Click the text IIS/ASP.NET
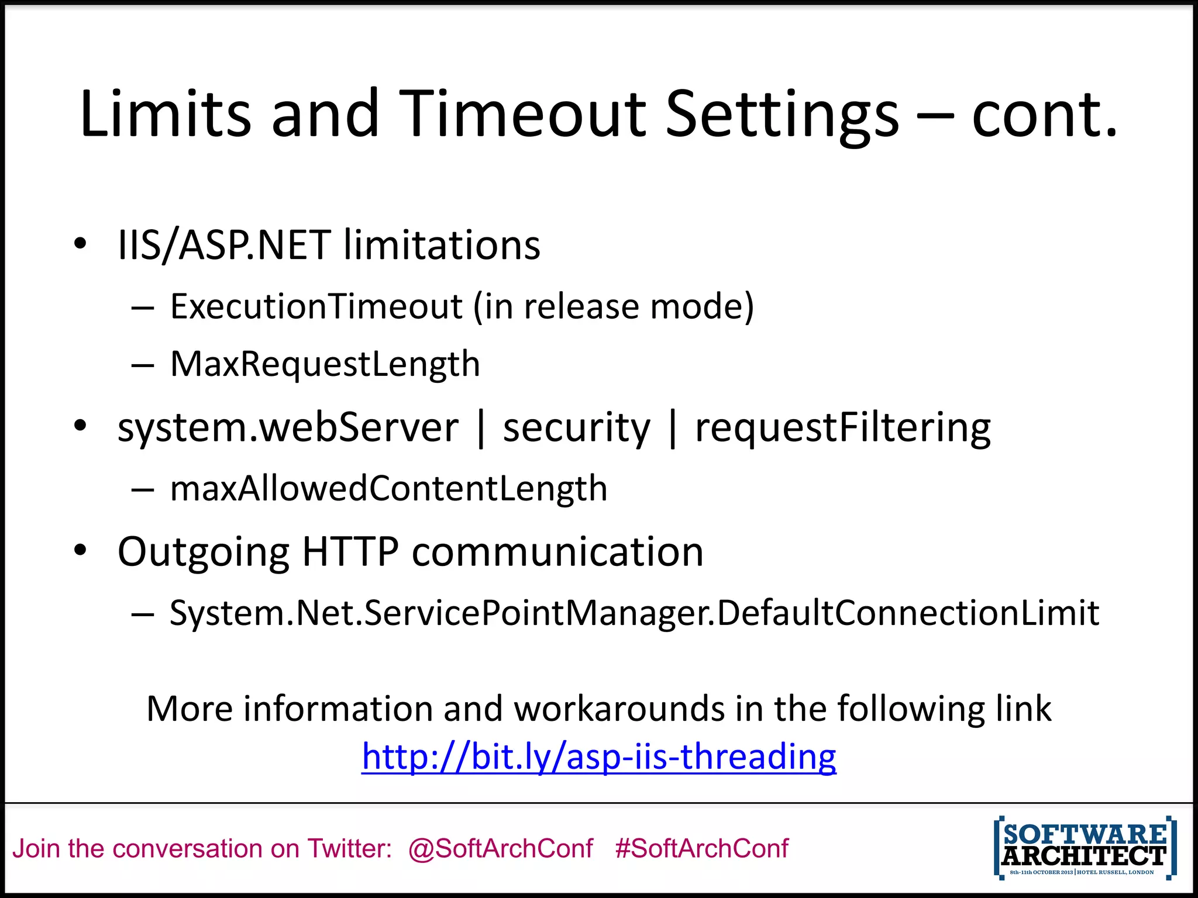click(224, 245)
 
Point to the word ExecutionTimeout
click(316, 306)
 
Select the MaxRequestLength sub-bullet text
click(325, 364)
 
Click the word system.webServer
click(288, 427)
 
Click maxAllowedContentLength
click(388, 489)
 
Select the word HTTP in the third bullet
click(350, 551)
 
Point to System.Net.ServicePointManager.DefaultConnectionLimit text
click(634, 613)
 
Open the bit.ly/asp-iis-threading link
click(599, 757)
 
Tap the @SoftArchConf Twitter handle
click(500, 848)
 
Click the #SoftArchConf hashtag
click(701, 848)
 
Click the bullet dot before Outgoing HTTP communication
click(80, 550)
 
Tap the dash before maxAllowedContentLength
click(142, 490)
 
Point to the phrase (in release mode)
click(614, 306)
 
